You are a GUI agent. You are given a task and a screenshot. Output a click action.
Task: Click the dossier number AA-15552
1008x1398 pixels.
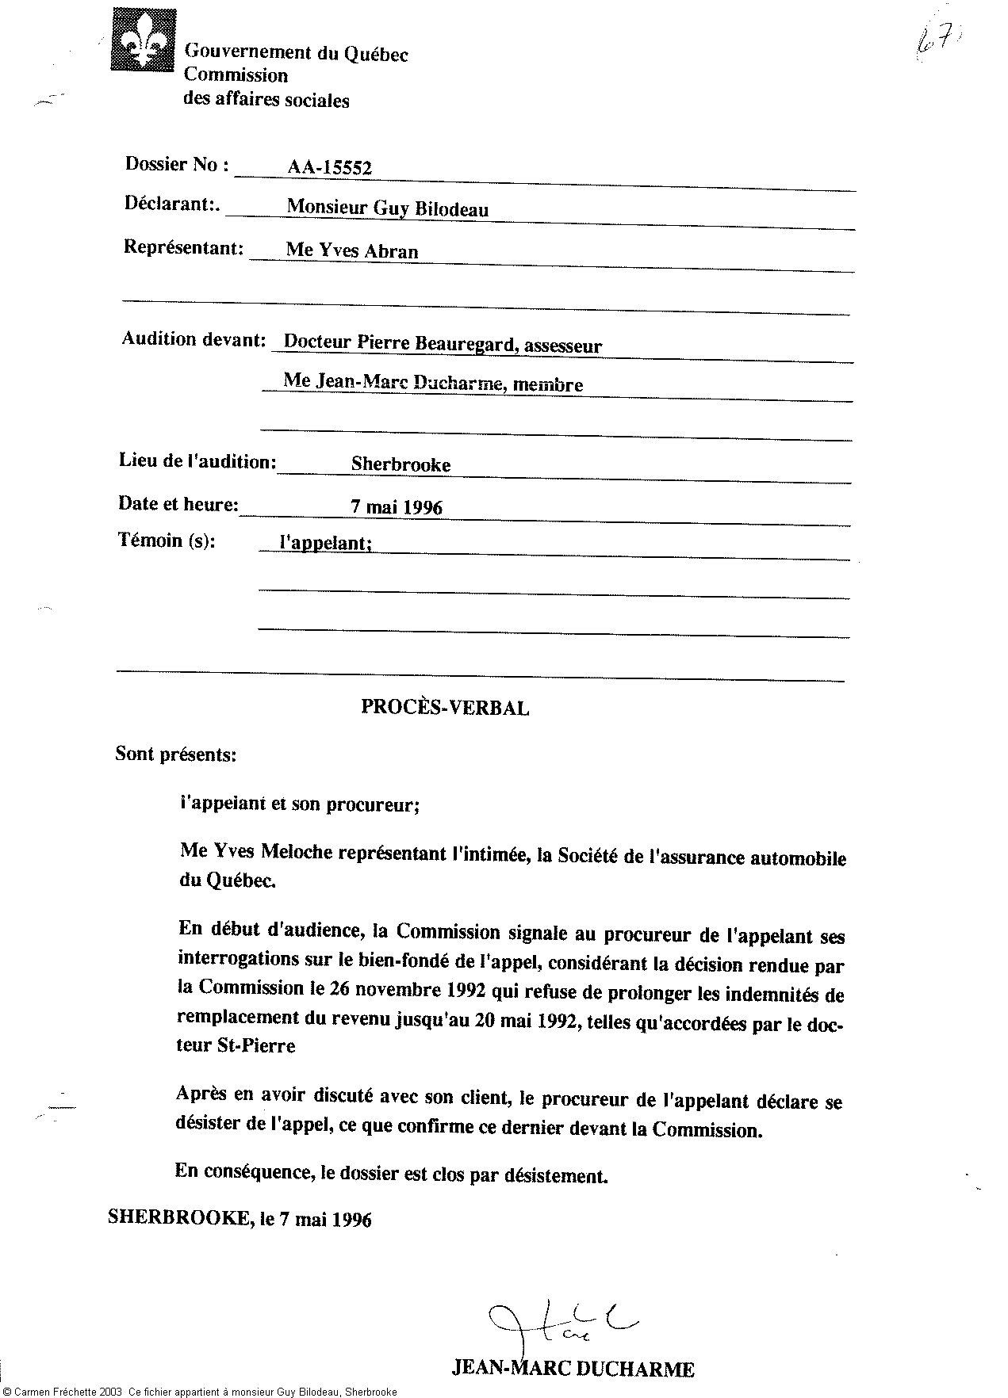click(x=329, y=167)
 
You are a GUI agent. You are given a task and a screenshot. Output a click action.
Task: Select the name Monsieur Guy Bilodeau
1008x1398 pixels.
click(x=387, y=208)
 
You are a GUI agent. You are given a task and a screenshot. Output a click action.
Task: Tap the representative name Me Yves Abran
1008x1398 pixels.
click(x=351, y=250)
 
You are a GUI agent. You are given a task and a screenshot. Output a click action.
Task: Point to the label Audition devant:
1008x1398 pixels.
click(x=193, y=339)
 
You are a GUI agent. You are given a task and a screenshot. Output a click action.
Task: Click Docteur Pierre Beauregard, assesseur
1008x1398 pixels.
click(x=443, y=345)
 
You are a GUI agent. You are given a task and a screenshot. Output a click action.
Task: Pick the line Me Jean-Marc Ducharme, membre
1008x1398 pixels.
click(x=433, y=384)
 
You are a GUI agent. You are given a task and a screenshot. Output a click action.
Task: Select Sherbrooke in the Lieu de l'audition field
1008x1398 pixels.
click(x=401, y=465)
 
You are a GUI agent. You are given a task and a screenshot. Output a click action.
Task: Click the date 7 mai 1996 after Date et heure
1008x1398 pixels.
click(x=397, y=507)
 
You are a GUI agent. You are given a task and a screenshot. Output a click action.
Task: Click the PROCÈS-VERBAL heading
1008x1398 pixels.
click(x=445, y=708)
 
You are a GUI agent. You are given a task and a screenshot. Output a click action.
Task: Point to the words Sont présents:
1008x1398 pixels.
click(x=175, y=754)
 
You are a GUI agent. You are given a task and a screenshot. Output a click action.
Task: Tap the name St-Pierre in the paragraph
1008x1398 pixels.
click(x=258, y=1045)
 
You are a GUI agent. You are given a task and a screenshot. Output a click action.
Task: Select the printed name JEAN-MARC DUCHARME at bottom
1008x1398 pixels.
click(x=573, y=1369)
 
